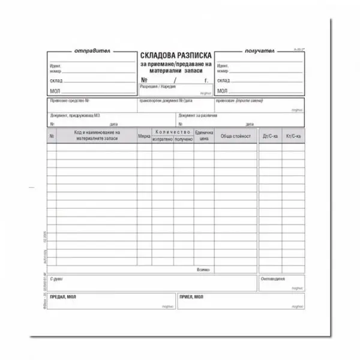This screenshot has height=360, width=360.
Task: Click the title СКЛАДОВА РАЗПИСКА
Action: tap(175, 55)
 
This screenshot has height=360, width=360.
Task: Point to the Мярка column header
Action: tap(144, 137)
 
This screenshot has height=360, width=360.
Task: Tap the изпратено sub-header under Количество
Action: tap(163, 140)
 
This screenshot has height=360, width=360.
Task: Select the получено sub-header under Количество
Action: tap(184, 140)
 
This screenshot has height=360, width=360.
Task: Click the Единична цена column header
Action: tap(204, 137)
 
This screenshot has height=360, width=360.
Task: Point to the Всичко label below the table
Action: tap(203, 270)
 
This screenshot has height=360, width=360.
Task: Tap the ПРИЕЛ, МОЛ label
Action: tap(192, 297)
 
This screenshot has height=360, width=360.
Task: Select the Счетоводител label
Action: tap(273, 279)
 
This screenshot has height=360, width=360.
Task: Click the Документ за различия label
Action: tap(197, 115)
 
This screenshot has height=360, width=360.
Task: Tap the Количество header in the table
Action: tap(173, 132)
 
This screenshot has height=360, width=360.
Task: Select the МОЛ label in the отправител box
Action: tap(55, 91)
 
